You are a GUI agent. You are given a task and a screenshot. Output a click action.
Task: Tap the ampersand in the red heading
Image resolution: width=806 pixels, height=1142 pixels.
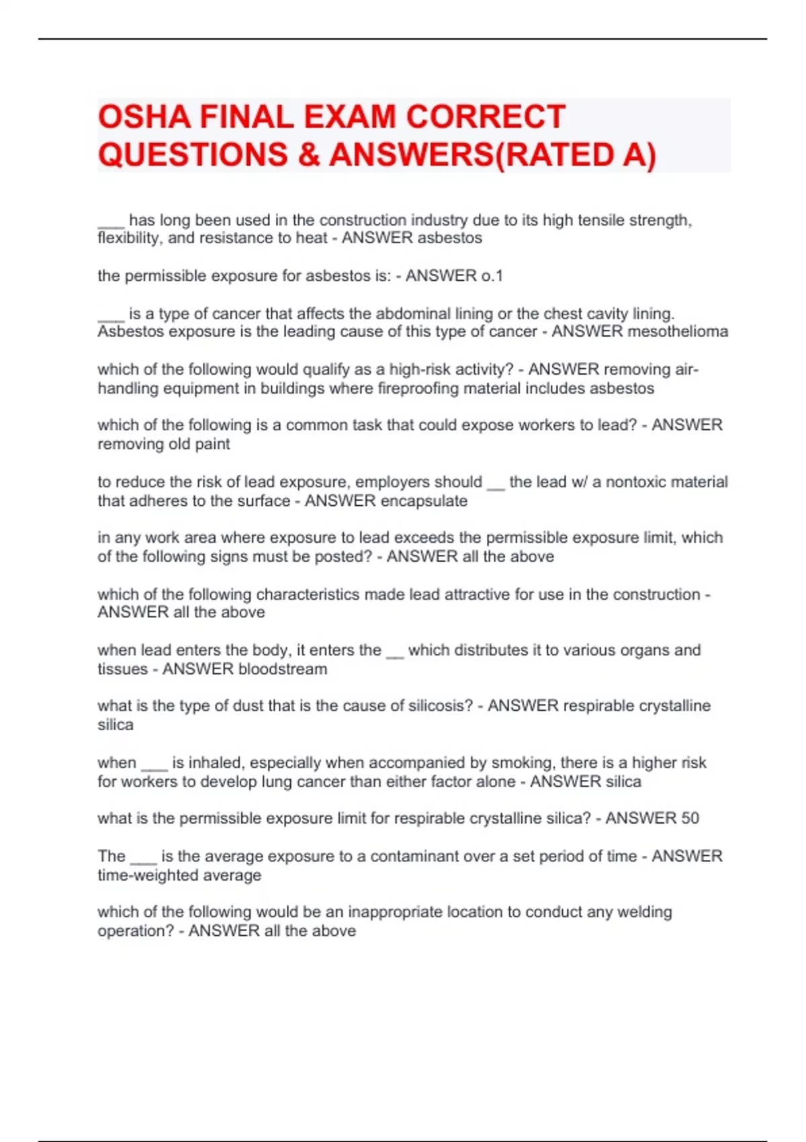pos(308,155)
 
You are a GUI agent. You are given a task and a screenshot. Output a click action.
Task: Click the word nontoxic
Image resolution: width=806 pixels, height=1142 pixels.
pos(635,482)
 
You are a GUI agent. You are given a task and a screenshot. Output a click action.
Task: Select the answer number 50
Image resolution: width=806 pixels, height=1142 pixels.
pos(690,818)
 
